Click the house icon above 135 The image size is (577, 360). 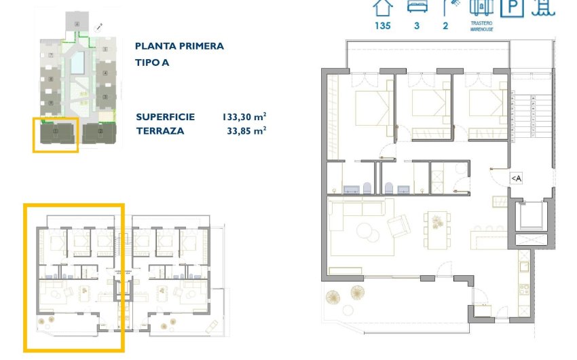(x=384, y=7)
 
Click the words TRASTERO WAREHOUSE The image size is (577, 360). (x=481, y=26)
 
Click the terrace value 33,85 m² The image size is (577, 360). (x=246, y=130)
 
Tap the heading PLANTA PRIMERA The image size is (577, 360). (x=179, y=46)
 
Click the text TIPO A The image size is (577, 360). (x=153, y=62)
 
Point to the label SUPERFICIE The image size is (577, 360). (x=165, y=117)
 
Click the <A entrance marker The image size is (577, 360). (x=515, y=178)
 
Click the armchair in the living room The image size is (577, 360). (x=398, y=223)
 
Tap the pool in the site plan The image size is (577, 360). (x=79, y=62)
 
